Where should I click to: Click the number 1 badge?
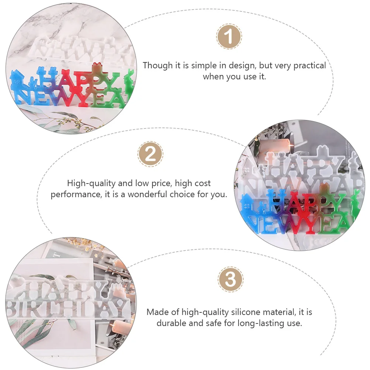click(x=229, y=37)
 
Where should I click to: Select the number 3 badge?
click(x=230, y=280)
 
